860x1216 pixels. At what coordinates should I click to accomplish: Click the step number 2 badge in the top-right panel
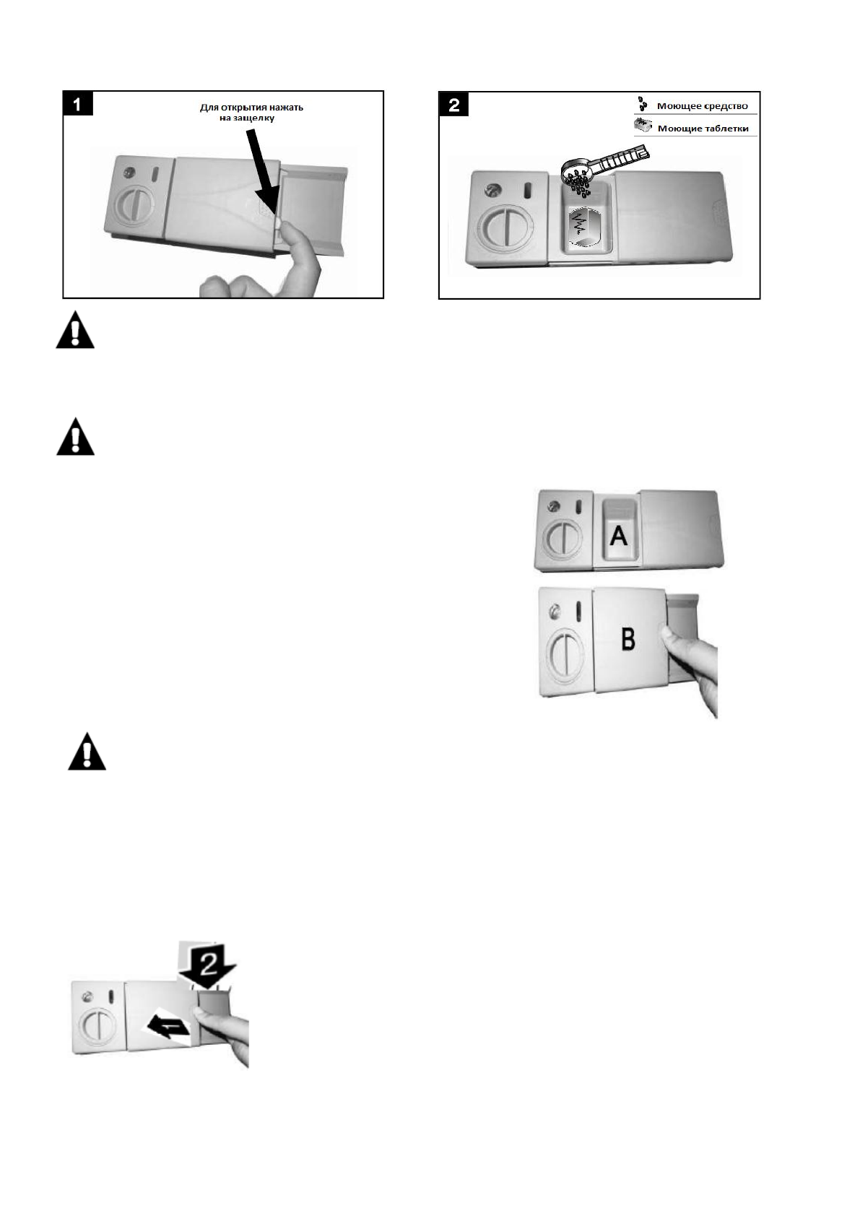(x=454, y=105)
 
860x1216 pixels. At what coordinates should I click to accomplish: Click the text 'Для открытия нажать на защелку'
(x=251, y=113)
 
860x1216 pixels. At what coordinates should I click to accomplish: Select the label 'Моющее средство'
(x=702, y=106)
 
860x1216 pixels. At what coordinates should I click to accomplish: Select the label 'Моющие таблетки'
(x=702, y=129)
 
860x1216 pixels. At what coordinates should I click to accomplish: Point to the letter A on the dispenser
(x=619, y=536)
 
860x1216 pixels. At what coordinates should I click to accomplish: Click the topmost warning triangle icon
(x=76, y=333)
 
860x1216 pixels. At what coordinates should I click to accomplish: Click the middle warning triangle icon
(x=76, y=439)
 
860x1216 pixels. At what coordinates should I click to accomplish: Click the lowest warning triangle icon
(x=87, y=753)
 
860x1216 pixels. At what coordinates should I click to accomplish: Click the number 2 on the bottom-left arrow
(x=207, y=961)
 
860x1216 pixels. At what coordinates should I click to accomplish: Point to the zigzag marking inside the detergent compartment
(x=583, y=227)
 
